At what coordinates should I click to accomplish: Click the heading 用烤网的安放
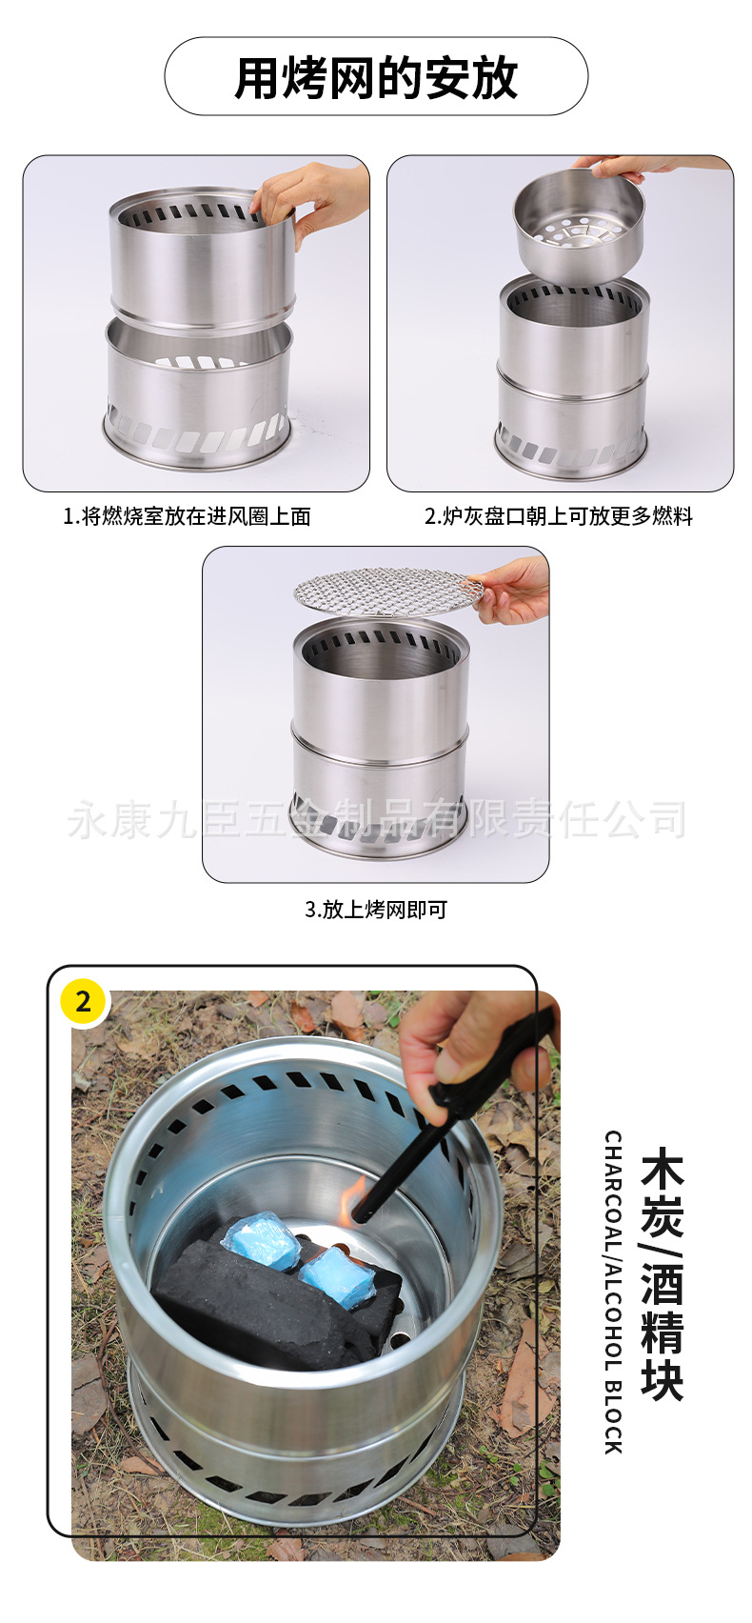point(376,77)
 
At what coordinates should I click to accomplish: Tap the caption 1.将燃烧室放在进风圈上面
point(187,516)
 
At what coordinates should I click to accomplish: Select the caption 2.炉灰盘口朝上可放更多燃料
point(559,516)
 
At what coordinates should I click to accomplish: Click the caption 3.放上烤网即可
point(376,909)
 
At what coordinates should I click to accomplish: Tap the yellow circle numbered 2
point(83,1001)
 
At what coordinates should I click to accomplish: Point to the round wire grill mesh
point(386,590)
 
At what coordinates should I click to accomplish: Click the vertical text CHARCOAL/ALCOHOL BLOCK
point(613,1292)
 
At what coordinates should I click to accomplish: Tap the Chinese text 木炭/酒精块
point(663,1276)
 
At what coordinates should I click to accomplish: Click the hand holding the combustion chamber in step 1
point(314,198)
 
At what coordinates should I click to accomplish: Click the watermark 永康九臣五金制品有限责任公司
point(376,819)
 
